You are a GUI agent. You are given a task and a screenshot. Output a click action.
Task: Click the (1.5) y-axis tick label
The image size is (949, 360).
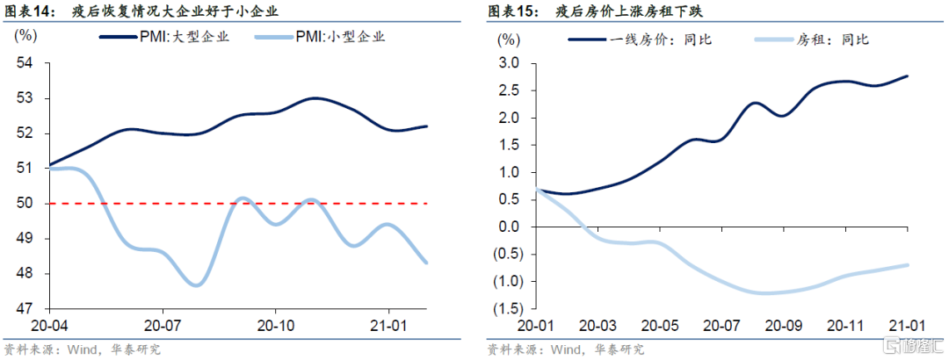(506, 308)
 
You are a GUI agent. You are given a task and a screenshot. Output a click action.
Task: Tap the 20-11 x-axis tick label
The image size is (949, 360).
(844, 324)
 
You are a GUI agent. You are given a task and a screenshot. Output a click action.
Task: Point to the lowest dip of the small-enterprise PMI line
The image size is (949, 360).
(196, 284)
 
